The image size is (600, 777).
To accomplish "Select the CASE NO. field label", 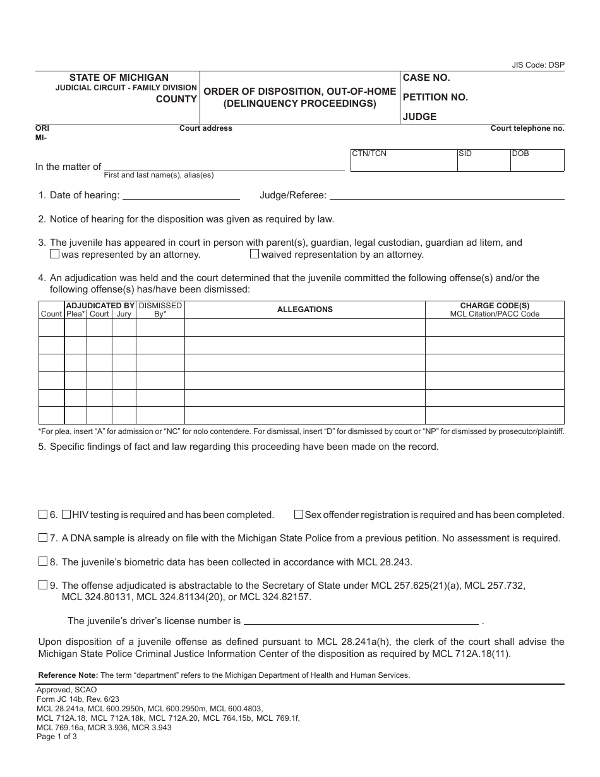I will pos(426,78).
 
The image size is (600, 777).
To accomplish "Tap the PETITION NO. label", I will pos(435,97).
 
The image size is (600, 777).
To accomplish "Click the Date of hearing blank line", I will pos(181,195).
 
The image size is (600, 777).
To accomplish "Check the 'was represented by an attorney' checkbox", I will pos(54,254).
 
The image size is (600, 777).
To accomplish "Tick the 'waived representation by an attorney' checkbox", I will pos(255,254).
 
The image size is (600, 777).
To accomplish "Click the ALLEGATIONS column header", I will pos(304,310).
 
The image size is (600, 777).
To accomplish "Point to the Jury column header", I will pos(124,314).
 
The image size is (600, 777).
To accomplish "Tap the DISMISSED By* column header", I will pos(160,310).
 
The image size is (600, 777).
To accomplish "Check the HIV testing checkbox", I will pos(66,514).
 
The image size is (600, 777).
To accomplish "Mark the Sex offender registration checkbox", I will pos(299,514).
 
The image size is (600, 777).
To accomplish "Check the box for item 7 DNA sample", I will pos(43,538).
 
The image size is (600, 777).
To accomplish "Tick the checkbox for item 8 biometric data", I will pos(43,562).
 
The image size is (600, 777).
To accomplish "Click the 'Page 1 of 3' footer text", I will pos(57,736).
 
